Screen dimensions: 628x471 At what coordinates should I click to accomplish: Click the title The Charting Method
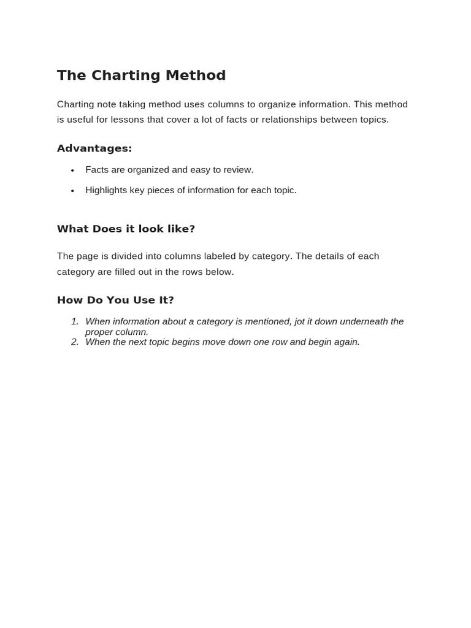tap(141, 75)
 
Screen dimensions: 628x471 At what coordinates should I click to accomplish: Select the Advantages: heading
tap(94, 148)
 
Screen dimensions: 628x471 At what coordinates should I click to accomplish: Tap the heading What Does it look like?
tap(126, 229)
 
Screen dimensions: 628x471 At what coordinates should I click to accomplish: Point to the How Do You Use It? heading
tap(115, 300)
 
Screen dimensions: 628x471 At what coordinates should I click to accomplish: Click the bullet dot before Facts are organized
tap(72, 170)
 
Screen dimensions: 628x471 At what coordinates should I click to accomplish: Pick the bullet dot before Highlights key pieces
tap(72, 191)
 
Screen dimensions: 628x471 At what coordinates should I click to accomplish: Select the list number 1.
tap(74, 321)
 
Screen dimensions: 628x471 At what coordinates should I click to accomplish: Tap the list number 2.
tap(74, 342)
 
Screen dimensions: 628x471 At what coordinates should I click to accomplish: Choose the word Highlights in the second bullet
tap(106, 190)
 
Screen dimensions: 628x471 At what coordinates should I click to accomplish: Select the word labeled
tap(217, 256)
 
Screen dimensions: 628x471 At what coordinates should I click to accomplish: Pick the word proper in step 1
tap(99, 332)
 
